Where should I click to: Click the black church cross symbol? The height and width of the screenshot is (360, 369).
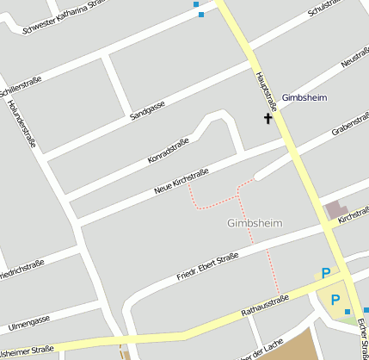pyautogui.click(x=268, y=119)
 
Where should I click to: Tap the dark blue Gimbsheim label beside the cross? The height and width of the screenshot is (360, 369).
pyautogui.click(x=304, y=97)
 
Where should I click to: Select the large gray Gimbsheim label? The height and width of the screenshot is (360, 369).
pyautogui.click(x=255, y=223)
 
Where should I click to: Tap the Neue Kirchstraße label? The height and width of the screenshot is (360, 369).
pyautogui.click(x=181, y=177)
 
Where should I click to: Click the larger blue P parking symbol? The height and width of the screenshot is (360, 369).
pyautogui.click(x=326, y=272)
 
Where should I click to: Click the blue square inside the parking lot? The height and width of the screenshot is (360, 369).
pyautogui.click(x=347, y=311)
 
